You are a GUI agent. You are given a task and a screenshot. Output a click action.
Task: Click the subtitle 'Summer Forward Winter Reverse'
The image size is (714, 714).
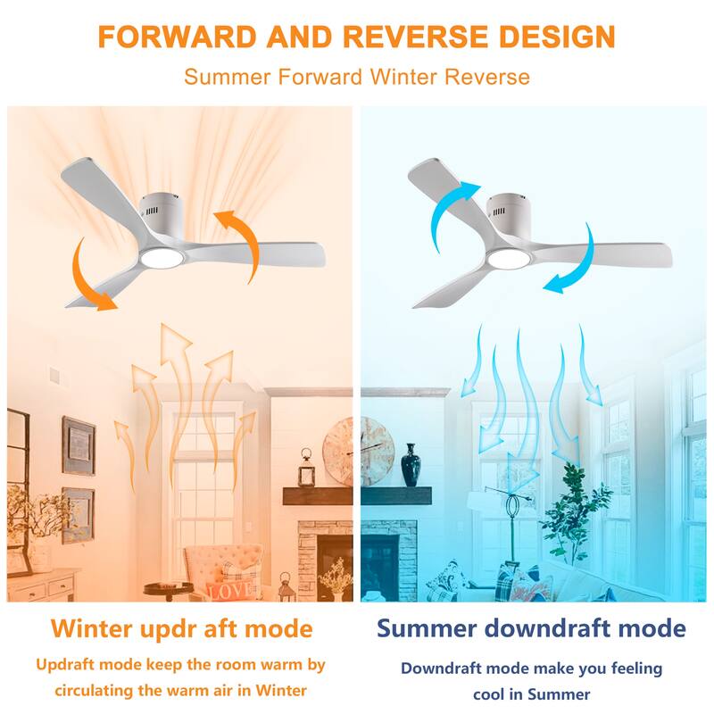[x=356, y=77]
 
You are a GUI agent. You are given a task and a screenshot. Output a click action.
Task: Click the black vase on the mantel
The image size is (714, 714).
[x=410, y=464]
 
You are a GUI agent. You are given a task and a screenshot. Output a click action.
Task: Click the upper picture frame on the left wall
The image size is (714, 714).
[x=78, y=445]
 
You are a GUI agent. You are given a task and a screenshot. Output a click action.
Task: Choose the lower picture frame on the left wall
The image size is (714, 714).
[x=78, y=514]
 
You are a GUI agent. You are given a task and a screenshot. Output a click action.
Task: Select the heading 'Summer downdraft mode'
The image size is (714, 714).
[x=531, y=627]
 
